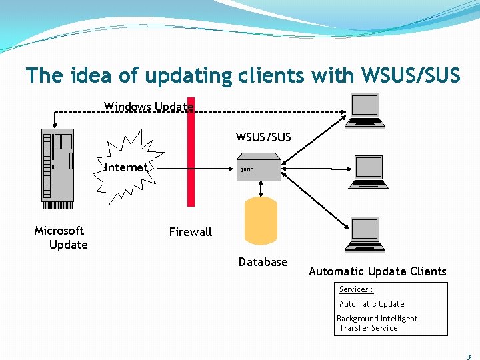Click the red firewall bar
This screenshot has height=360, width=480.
coord(191,153)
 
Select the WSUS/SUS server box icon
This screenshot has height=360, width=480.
coord(258,168)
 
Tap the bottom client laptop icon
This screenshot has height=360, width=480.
coord(366,235)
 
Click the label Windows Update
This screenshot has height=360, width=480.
coord(149,107)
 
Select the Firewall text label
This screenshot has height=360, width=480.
coord(190,232)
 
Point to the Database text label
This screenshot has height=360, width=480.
coord(263,262)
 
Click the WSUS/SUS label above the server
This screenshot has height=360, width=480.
coord(263,137)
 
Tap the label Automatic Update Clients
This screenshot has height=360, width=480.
coord(377,271)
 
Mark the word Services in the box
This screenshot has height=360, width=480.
coord(355,289)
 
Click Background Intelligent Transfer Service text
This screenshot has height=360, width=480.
coord(377,323)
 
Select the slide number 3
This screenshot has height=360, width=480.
coord(469,357)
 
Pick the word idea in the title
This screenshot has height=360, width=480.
coord(89,76)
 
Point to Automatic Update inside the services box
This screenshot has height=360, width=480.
coord(371,304)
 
